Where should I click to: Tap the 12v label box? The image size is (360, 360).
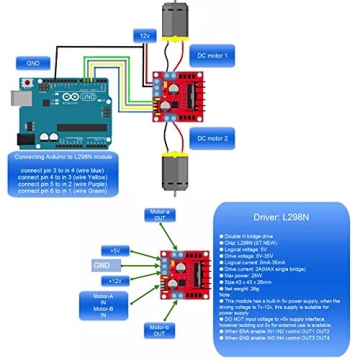click(145, 34)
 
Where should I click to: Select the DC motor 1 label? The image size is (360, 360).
click(215, 55)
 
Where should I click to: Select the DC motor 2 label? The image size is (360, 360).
click(215, 136)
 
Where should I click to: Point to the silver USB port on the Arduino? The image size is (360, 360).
click(17, 98)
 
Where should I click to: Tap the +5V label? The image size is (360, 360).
click(117, 249)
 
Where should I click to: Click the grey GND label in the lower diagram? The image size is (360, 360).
click(101, 265)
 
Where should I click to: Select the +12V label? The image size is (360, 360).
click(116, 281)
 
